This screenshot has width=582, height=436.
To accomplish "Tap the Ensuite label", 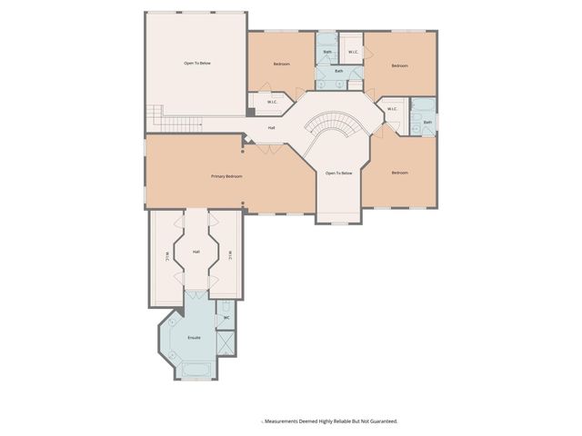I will click(194, 338).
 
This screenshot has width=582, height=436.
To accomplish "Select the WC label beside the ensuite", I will click(226, 318).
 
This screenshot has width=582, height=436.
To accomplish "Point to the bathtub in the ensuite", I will click(195, 370).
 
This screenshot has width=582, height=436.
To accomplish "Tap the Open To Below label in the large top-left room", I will click(197, 63).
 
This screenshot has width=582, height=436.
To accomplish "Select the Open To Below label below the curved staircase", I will click(338, 173).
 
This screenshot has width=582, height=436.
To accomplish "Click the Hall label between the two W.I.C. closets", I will click(196, 252).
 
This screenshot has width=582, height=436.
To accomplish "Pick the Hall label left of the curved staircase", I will click(271, 127).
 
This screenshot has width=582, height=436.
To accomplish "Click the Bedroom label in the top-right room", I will click(399, 65).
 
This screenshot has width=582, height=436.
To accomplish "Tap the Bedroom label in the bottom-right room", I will click(399, 173).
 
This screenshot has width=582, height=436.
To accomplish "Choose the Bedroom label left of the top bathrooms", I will click(281, 64).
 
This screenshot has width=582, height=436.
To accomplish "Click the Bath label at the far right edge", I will click(427, 122).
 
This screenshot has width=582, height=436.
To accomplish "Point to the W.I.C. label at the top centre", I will click(353, 52).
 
